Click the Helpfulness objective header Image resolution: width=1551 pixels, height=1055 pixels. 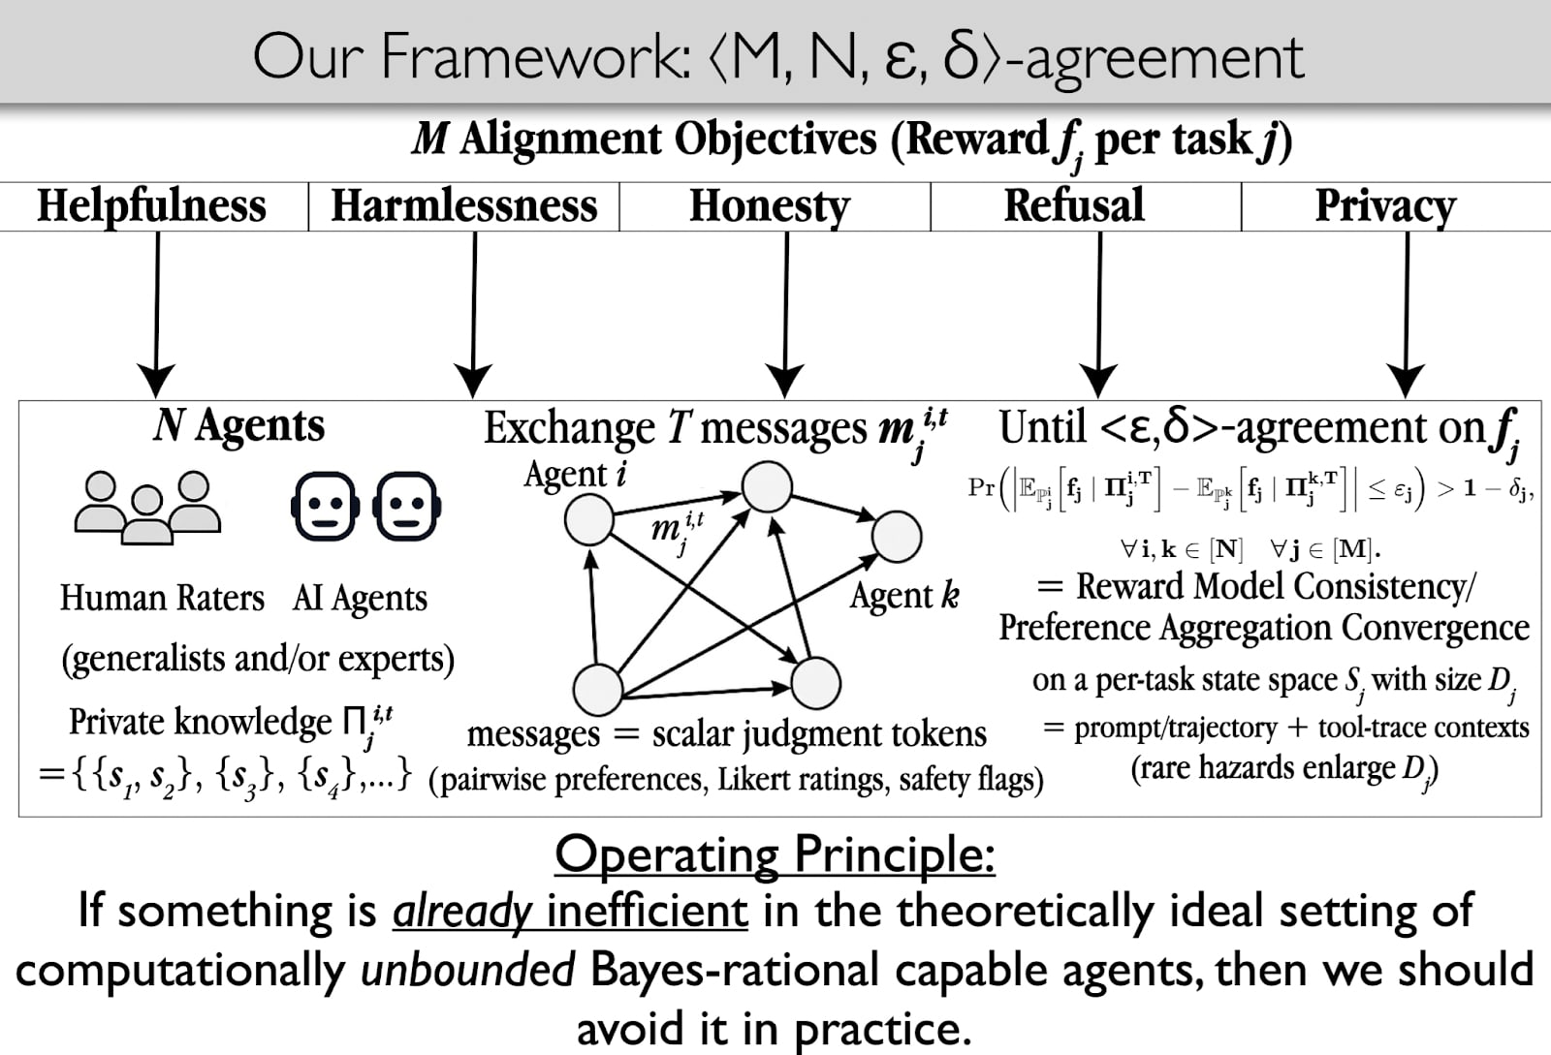click(151, 205)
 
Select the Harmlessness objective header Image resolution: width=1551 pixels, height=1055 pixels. click(464, 205)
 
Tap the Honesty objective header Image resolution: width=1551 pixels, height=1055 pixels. click(769, 205)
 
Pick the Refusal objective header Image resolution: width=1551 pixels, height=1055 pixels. click(1074, 205)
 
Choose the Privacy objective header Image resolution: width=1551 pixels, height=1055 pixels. click(1385, 205)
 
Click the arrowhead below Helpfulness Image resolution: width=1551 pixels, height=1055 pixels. click(156, 381)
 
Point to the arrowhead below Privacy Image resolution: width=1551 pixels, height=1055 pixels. click(1406, 381)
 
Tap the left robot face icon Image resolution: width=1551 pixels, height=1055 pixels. click(325, 506)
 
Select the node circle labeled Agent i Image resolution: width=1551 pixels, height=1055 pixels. click(588, 519)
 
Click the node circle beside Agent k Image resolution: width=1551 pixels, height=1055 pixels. click(897, 537)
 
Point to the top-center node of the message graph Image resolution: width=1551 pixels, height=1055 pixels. click(767, 486)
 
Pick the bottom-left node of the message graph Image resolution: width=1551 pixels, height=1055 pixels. click(597, 689)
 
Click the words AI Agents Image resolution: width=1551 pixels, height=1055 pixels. click(360, 599)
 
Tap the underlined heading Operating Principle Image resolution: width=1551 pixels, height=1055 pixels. click(775, 854)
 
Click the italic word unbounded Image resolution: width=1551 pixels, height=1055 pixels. click(467, 970)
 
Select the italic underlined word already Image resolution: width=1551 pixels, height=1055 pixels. click(461, 911)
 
